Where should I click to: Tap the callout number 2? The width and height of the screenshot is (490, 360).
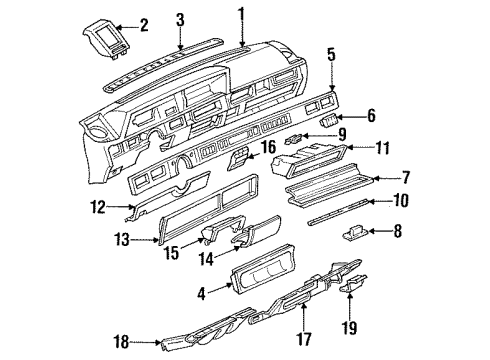(144, 23)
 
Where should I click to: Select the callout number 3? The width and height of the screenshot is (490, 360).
(180, 19)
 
